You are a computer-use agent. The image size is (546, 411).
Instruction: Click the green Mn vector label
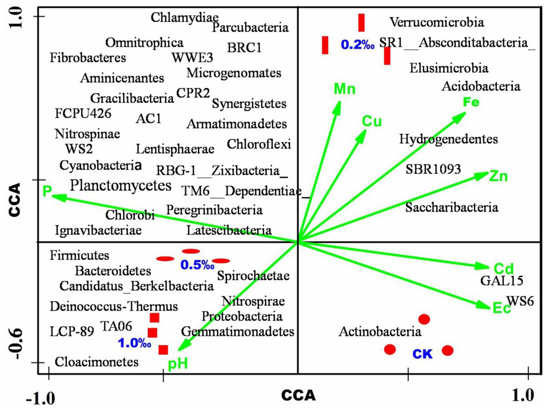coord(344,89)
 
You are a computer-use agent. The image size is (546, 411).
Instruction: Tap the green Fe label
coord(471,102)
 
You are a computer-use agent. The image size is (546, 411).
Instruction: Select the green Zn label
coord(498,176)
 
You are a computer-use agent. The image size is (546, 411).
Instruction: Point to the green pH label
coord(178,364)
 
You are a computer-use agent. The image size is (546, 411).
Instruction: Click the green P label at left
coord(47,191)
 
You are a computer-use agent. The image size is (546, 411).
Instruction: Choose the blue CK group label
coord(422,354)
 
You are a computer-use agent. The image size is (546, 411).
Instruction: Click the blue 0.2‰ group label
coord(357,45)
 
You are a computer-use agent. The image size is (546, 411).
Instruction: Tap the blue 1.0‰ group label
coord(134,343)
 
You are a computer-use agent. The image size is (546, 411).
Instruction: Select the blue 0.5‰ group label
coord(197,265)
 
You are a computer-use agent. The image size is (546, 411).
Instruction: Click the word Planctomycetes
coord(120,186)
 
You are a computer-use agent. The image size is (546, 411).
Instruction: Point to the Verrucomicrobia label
coord(436,22)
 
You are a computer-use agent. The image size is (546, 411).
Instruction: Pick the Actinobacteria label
coord(380,331)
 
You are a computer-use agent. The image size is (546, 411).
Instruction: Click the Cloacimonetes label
coord(97,362)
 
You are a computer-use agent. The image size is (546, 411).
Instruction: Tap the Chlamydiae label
coord(185,17)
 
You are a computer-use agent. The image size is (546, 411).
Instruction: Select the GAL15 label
coord(502,280)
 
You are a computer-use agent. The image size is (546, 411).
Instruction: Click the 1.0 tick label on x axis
coord(523,395)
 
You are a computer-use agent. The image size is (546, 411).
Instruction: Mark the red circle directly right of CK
coord(448,350)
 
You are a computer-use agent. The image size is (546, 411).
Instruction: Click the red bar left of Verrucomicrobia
coord(361,22)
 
